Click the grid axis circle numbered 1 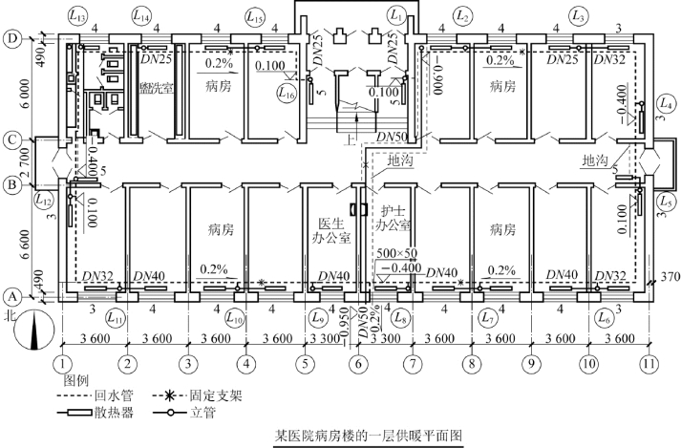click(x=63, y=363)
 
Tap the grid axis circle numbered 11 click(x=650, y=363)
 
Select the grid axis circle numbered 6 click(x=358, y=363)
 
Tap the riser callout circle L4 click(x=666, y=103)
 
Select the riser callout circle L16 click(x=285, y=93)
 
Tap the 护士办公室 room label click(x=394, y=219)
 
